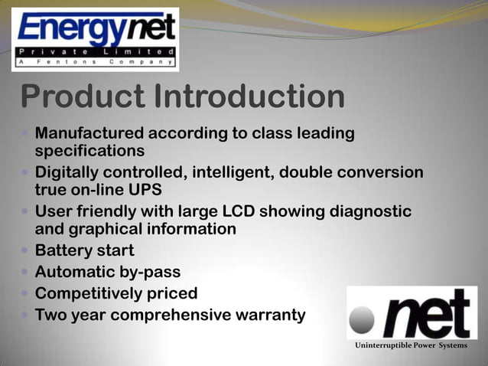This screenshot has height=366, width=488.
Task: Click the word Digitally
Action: click(x=70, y=172)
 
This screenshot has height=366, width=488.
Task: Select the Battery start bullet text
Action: click(x=84, y=250)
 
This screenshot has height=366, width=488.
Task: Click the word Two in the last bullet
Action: click(x=50, y=315)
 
